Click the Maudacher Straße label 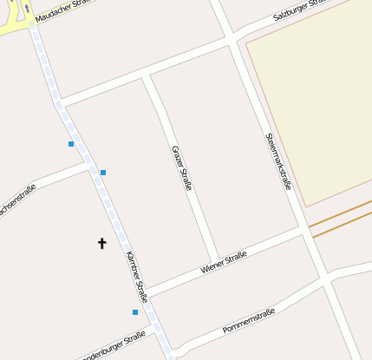[x=63, y=10]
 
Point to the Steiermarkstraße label [x=278, y=161]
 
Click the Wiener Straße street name [x=224, y=262]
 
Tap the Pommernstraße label [x=249, y=321]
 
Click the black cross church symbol [x=101, y=244]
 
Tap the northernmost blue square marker [x=71, y=144]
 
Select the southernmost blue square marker [x=135, y=312]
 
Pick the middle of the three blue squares [x=103, y=173]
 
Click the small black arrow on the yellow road [x=27, y=9]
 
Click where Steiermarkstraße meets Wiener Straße [x=303, y=230]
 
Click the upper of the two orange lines [x=340, y=213]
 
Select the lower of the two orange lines [x=342, y=225]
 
